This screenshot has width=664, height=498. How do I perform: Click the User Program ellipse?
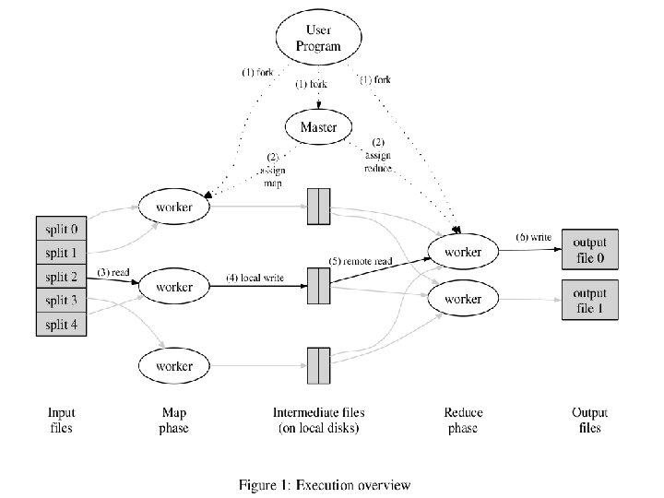318,37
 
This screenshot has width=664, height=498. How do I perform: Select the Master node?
318,126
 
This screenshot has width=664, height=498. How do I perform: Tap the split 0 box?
62,229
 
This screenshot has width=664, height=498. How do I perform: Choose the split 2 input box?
62,277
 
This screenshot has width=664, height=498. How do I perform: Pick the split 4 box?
62,325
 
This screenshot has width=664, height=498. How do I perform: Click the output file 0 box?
590,249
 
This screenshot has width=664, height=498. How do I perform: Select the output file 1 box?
590,300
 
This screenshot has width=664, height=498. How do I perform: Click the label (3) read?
113,272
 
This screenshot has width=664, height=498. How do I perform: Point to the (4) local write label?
255,278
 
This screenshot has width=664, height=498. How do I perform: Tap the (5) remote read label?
361,261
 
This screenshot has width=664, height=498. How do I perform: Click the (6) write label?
534,237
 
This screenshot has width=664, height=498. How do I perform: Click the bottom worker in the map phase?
174,366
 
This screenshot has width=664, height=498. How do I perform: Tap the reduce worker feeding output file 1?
463,299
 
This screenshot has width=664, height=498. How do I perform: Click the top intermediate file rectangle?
318,207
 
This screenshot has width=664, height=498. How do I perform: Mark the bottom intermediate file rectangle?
318,365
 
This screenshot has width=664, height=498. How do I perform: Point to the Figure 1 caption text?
325,485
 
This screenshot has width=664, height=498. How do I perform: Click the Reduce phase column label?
463,421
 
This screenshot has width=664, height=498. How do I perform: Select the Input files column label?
62,421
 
